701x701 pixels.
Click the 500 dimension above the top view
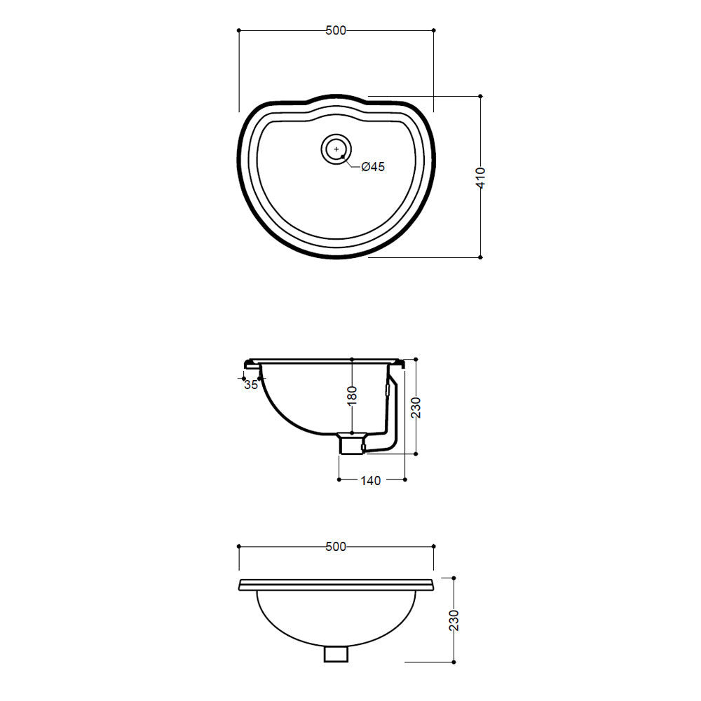tap(336, 30)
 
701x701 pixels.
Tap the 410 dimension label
tap(481, 178)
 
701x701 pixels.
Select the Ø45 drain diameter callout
tap(373, 167)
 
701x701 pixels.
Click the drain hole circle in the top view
tap(336, 149)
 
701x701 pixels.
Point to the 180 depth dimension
tap(353, 395)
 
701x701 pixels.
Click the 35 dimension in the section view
tap(251, 384)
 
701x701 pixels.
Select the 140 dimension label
tap(371, 481)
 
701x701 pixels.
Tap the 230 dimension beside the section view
tap(416, 407)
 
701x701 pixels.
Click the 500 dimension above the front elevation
tap(336, 546)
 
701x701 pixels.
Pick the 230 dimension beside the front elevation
tap(454, 620)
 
